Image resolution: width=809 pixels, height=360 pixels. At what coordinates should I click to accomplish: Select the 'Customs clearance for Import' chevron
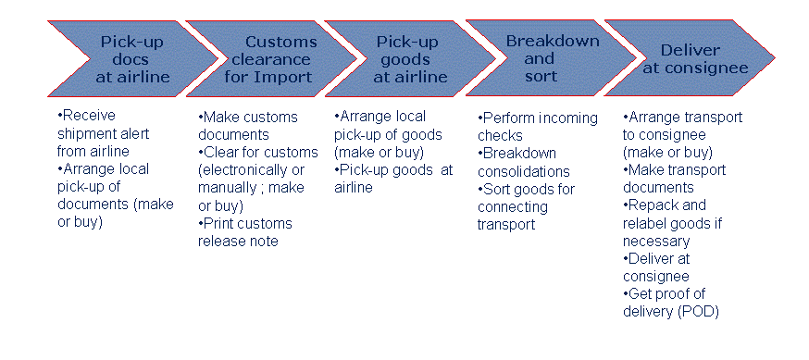(x=273, y=59)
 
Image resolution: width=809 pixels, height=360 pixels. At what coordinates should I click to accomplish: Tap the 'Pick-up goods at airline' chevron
(x=407, y=59)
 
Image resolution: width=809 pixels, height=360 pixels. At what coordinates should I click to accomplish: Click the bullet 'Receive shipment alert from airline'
(x=103, y=133)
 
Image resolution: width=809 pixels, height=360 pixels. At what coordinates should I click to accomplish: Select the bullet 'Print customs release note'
(x=244, y=231)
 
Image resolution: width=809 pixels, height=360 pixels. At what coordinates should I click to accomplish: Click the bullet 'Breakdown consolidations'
(x=524, y=162)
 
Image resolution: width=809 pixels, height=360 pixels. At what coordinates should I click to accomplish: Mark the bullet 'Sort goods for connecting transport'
(x=526, y=205)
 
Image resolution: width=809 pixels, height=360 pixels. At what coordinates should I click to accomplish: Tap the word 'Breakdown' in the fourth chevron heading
(x=553, y=41)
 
